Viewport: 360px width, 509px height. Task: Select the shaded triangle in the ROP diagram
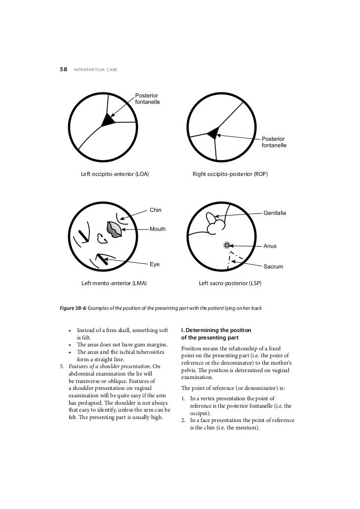212,132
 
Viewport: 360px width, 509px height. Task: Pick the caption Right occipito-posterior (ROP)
230,174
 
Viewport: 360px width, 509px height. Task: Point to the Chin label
156,210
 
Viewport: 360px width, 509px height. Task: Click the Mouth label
158,229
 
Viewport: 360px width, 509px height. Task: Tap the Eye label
155,264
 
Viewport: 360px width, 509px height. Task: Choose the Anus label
270,246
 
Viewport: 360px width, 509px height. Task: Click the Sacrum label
273,267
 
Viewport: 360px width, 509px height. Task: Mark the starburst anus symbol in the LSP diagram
227,245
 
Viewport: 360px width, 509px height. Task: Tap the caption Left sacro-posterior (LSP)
230,284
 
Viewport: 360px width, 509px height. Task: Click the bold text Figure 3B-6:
73,308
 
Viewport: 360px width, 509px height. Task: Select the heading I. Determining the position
216,330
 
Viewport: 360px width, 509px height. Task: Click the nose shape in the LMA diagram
102,239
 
